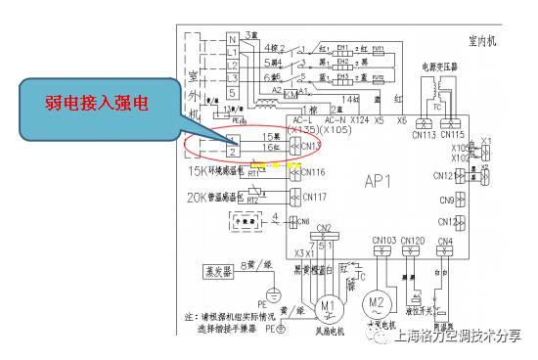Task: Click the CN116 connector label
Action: point(313,172)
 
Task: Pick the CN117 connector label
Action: point(313,197)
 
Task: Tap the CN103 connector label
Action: point(383,240)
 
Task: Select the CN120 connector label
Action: point(413,240)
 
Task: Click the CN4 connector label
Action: point(445,240)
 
